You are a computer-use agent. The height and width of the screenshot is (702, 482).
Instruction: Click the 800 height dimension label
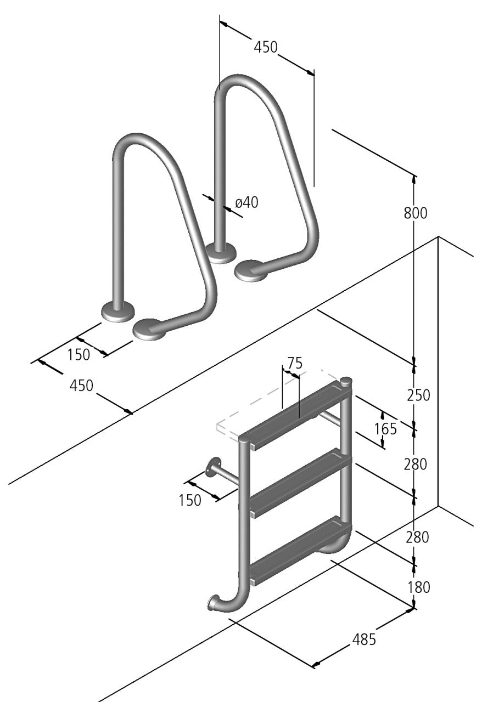click(x=416, y=213)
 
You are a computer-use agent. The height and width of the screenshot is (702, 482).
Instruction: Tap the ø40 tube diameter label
click(x=246, y=202)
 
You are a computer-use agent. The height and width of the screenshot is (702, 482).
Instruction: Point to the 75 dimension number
click(x=295, y=363)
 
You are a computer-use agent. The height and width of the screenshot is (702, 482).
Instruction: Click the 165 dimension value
click(x=385, y=428)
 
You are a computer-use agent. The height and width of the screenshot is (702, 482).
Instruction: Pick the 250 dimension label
click(x=418, y=394)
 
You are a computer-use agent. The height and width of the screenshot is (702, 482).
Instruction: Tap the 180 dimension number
click(x=418, y=587)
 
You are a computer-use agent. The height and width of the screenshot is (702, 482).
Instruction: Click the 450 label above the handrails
click(x=266, y=47)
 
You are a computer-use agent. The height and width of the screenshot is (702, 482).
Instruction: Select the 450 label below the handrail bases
click(x=81, y=386)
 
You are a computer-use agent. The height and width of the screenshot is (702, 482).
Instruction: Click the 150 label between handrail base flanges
click(x=79, y=355)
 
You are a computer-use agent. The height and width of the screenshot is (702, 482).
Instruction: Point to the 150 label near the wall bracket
click(x=190, y=500)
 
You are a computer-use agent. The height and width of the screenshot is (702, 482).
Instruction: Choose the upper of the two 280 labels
click(x=416, y=464)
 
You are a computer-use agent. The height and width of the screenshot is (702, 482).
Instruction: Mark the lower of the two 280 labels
click(x=417, y=537)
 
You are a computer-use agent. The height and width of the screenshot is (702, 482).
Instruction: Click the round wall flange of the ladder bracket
click(x=211, y=468)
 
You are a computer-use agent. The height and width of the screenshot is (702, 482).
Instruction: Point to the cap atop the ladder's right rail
click(x=346, y=380)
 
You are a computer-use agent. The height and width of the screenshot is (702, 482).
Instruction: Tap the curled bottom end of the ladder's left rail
click(x=214, y=603)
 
